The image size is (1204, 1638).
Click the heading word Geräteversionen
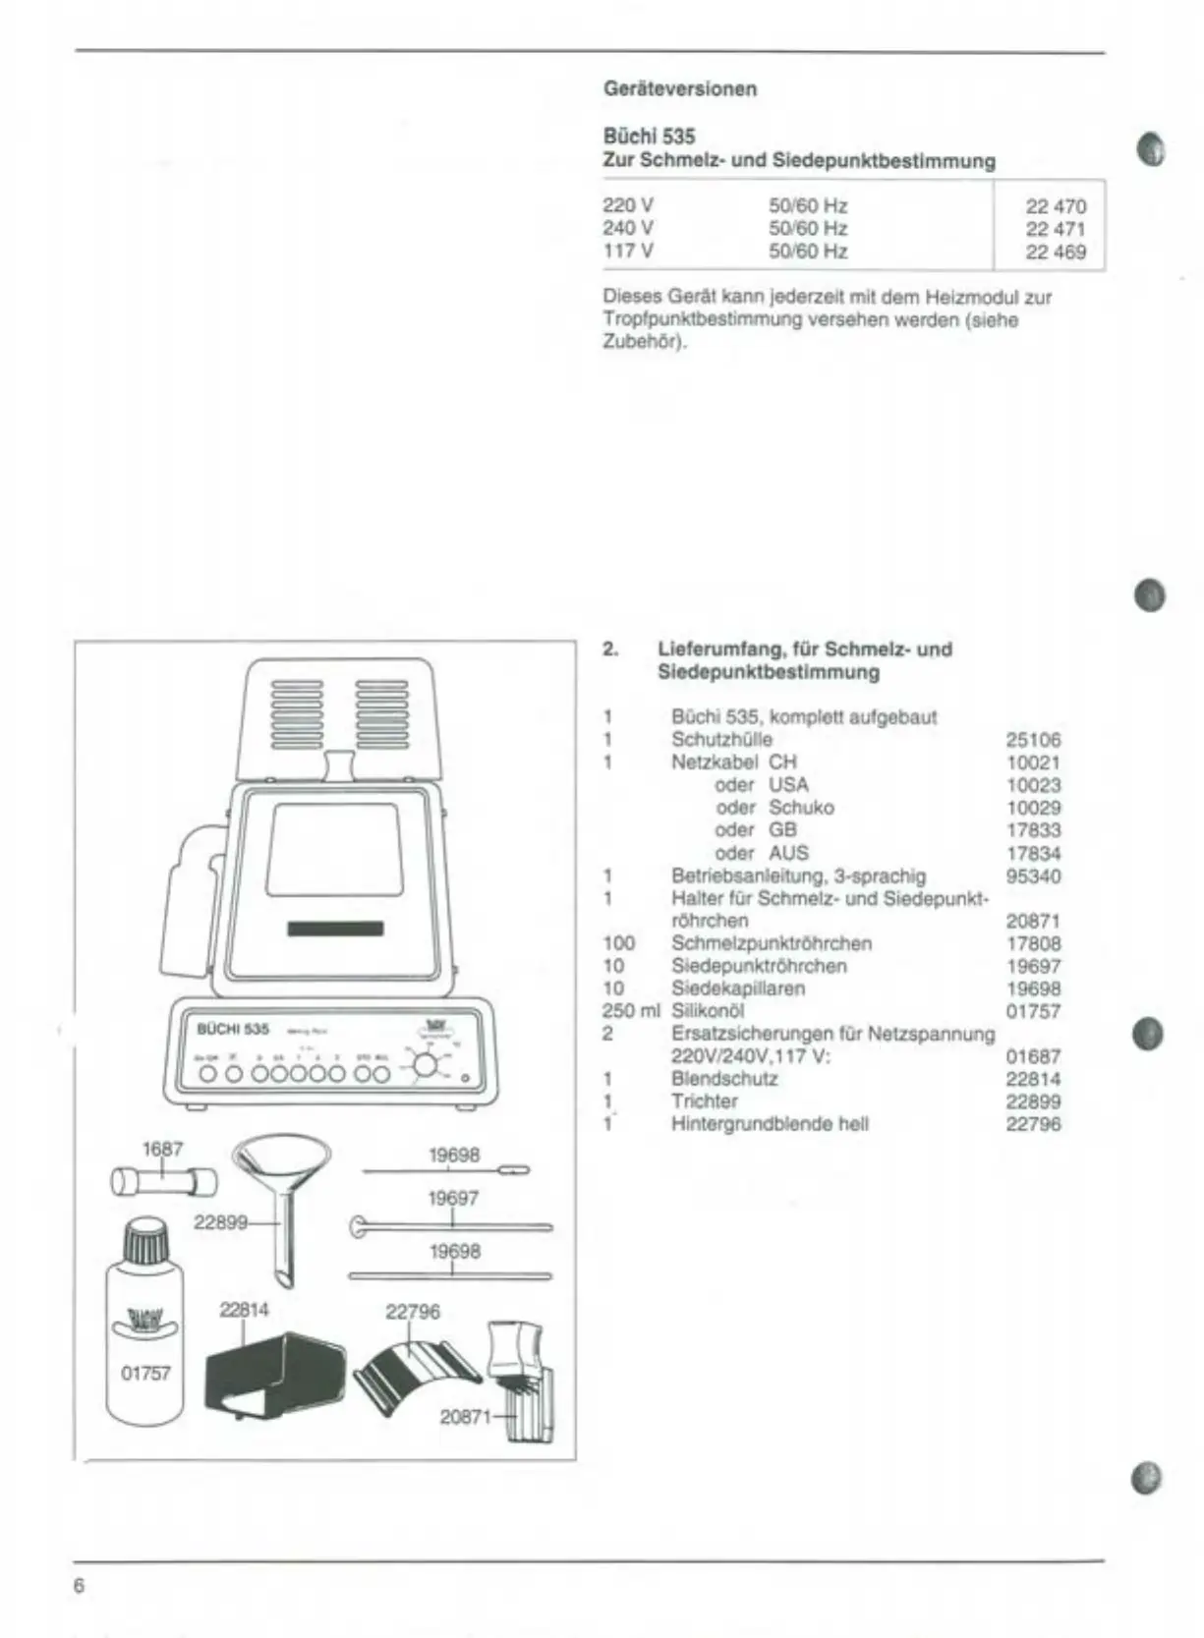pos(680,88)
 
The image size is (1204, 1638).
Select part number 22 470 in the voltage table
pos(1056,206)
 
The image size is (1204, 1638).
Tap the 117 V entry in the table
pos(627,251)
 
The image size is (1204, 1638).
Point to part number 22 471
pos(1056,229)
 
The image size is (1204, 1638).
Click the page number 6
pos(80,1586)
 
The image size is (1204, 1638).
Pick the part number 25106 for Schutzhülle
pos(1033,740)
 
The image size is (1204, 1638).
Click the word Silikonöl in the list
pos(708,1010)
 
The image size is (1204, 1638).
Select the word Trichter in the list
pos(704,1101)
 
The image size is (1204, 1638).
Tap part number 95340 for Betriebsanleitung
pos(1033,875)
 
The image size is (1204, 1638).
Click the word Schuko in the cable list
pos(801,808)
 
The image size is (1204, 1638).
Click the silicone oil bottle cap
pos(143,1240)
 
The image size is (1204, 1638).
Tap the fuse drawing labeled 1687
pos(163,1181)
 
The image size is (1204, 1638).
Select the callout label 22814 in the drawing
pos(244,1310)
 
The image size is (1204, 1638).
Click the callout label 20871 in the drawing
pos(465,1417)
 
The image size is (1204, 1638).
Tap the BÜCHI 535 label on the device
pos(233,1029)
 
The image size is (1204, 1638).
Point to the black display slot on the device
pos(335,930)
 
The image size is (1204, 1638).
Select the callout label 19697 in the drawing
pos(453,1199)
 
